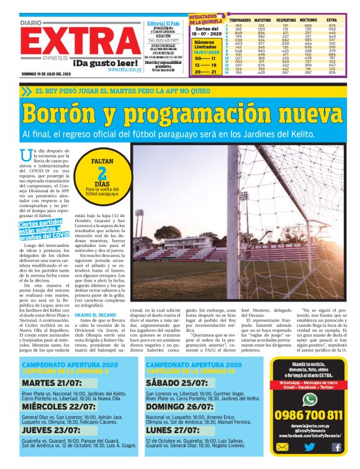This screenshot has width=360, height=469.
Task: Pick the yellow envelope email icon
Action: pyautogui.click(x=282, y=447)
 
